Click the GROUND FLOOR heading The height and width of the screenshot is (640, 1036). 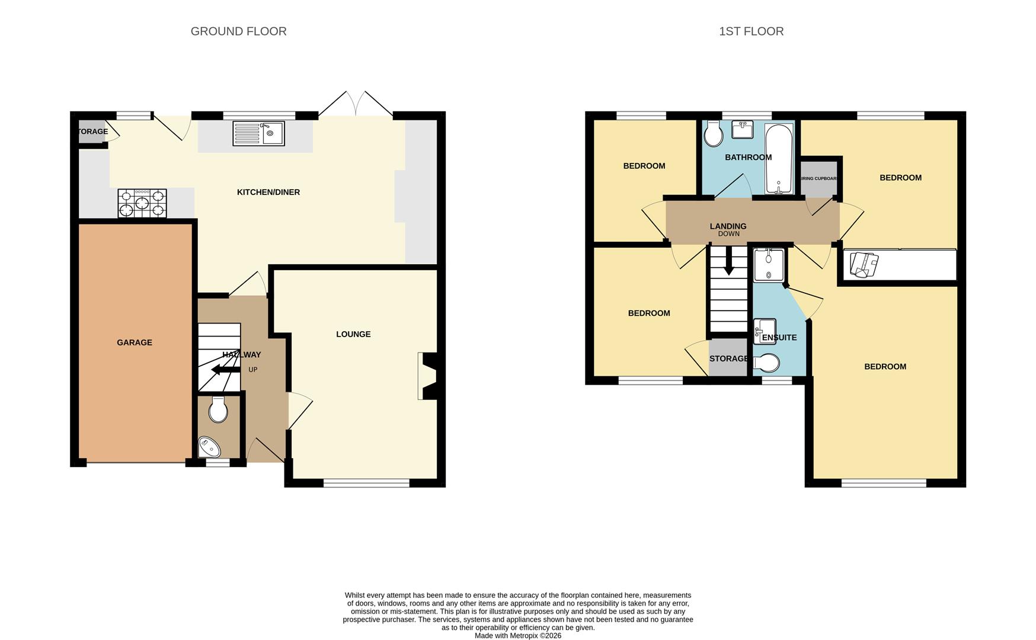(x=238, y=31)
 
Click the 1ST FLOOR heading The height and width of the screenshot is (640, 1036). (x=751, y=31)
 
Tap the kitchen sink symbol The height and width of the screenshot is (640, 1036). (x=258, y=133)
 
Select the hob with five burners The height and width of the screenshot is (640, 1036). (x=142, y=203)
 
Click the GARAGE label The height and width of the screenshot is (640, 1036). (x=135, y=343)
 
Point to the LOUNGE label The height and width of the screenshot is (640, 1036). (x=353, y=334)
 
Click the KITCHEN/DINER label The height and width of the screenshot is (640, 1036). (x=268, y=192)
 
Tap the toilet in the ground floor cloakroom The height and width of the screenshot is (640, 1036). (x=218, y=409)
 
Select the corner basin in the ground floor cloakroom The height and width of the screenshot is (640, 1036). (x=208, y=446)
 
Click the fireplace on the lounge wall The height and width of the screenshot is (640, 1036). (x=428, y=376)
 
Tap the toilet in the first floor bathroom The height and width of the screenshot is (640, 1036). (x=714, y=134)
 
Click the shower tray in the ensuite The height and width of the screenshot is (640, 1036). (x=769, y=265)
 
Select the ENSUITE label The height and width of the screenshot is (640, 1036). (x=779, y=338)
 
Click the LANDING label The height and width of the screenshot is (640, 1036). (x=728, y=226)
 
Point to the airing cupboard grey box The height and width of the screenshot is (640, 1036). (x=818, y=178)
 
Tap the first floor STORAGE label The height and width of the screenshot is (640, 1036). (x=728, y=359)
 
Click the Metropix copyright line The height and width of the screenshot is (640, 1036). (x=517, y=636)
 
